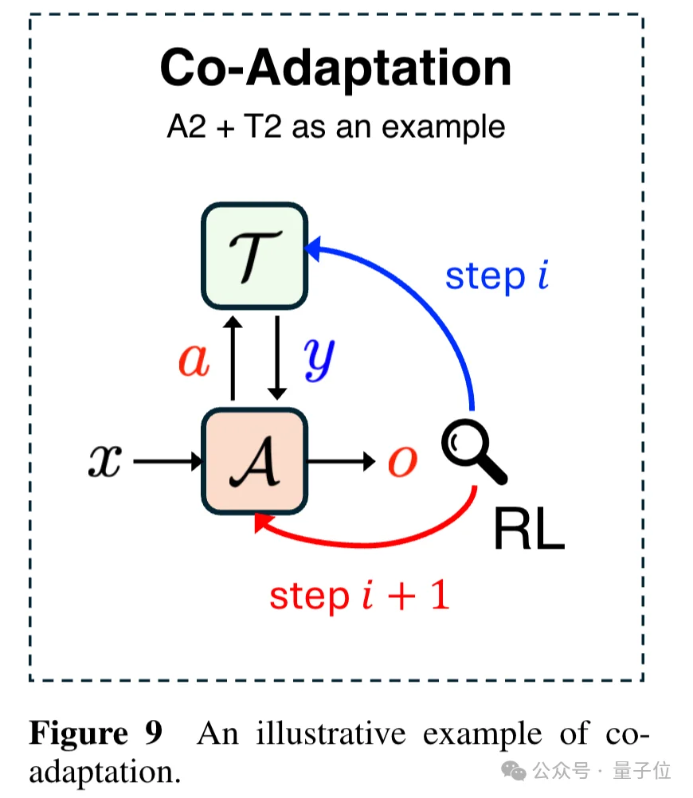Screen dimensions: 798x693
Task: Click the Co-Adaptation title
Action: (335, 68)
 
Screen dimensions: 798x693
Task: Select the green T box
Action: (254, 256)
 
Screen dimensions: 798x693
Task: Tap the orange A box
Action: (254, 461)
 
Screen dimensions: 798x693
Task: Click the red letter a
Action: (194, 361)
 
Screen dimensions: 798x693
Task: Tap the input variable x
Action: (104, 461)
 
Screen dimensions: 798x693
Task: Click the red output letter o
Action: (402, 461)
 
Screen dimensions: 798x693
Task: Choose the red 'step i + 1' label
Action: (359, 595)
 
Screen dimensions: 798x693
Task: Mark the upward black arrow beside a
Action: (233, 358)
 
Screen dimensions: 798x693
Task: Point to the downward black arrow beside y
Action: (276, 358)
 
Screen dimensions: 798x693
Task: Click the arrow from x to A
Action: (167, 461)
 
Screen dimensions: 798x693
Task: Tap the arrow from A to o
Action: (341, 461)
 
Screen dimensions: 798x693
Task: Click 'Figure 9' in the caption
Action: (95, 733)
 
